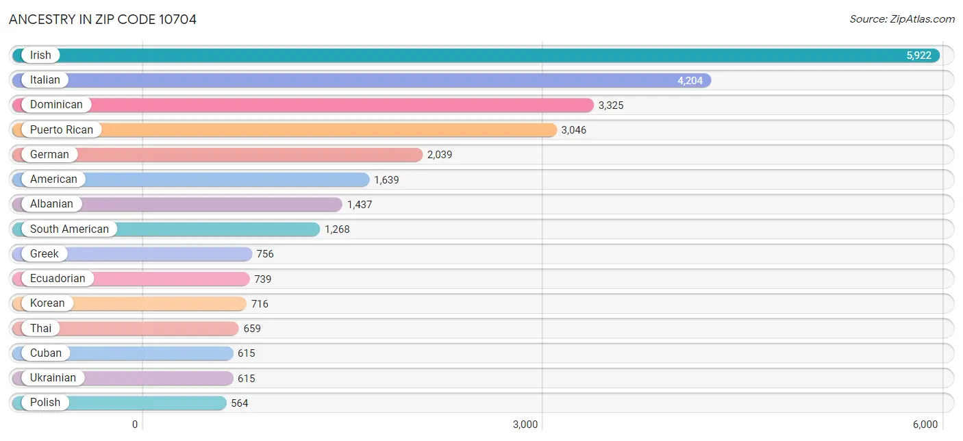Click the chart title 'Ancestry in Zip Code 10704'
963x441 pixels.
103,19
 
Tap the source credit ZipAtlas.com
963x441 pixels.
902,19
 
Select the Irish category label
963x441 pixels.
40,55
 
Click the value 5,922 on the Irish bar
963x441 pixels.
918,55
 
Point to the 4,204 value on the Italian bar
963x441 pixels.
690,81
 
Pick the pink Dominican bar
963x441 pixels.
342,105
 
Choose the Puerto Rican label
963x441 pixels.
62,130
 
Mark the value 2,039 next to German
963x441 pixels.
440,155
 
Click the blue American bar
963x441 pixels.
226,179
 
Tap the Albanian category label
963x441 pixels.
51,204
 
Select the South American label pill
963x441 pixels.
69,229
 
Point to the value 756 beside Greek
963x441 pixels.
265,254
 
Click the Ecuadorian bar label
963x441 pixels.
58,279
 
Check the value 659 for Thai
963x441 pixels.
252,329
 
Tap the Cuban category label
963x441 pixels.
46,353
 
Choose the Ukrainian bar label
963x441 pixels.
53,378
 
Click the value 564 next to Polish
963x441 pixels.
240,403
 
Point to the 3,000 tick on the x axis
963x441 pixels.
525,425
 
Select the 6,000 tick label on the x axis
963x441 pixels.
924,425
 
